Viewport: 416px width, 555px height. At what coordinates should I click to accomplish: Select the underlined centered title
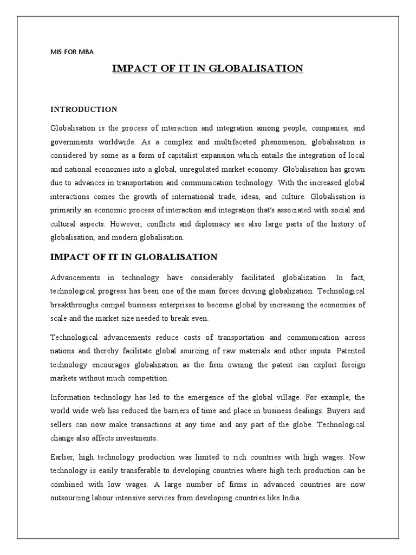pyautogui.click(x=207, y=68)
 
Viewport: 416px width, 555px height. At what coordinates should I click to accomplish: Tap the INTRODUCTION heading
pyautogui.click(x=84, y=109)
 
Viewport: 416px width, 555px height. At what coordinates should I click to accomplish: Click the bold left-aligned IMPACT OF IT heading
pyautogui.click(x=134, y=256)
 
